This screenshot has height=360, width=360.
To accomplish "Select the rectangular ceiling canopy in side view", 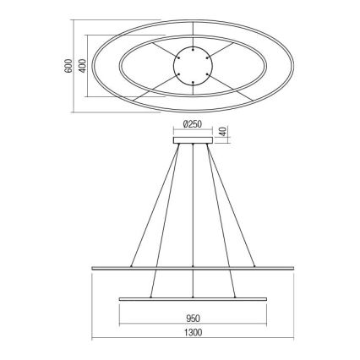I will pos(194,141).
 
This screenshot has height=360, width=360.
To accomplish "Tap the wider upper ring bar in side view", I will pos(194,269).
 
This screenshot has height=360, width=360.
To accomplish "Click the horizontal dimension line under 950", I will pos(194,328).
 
